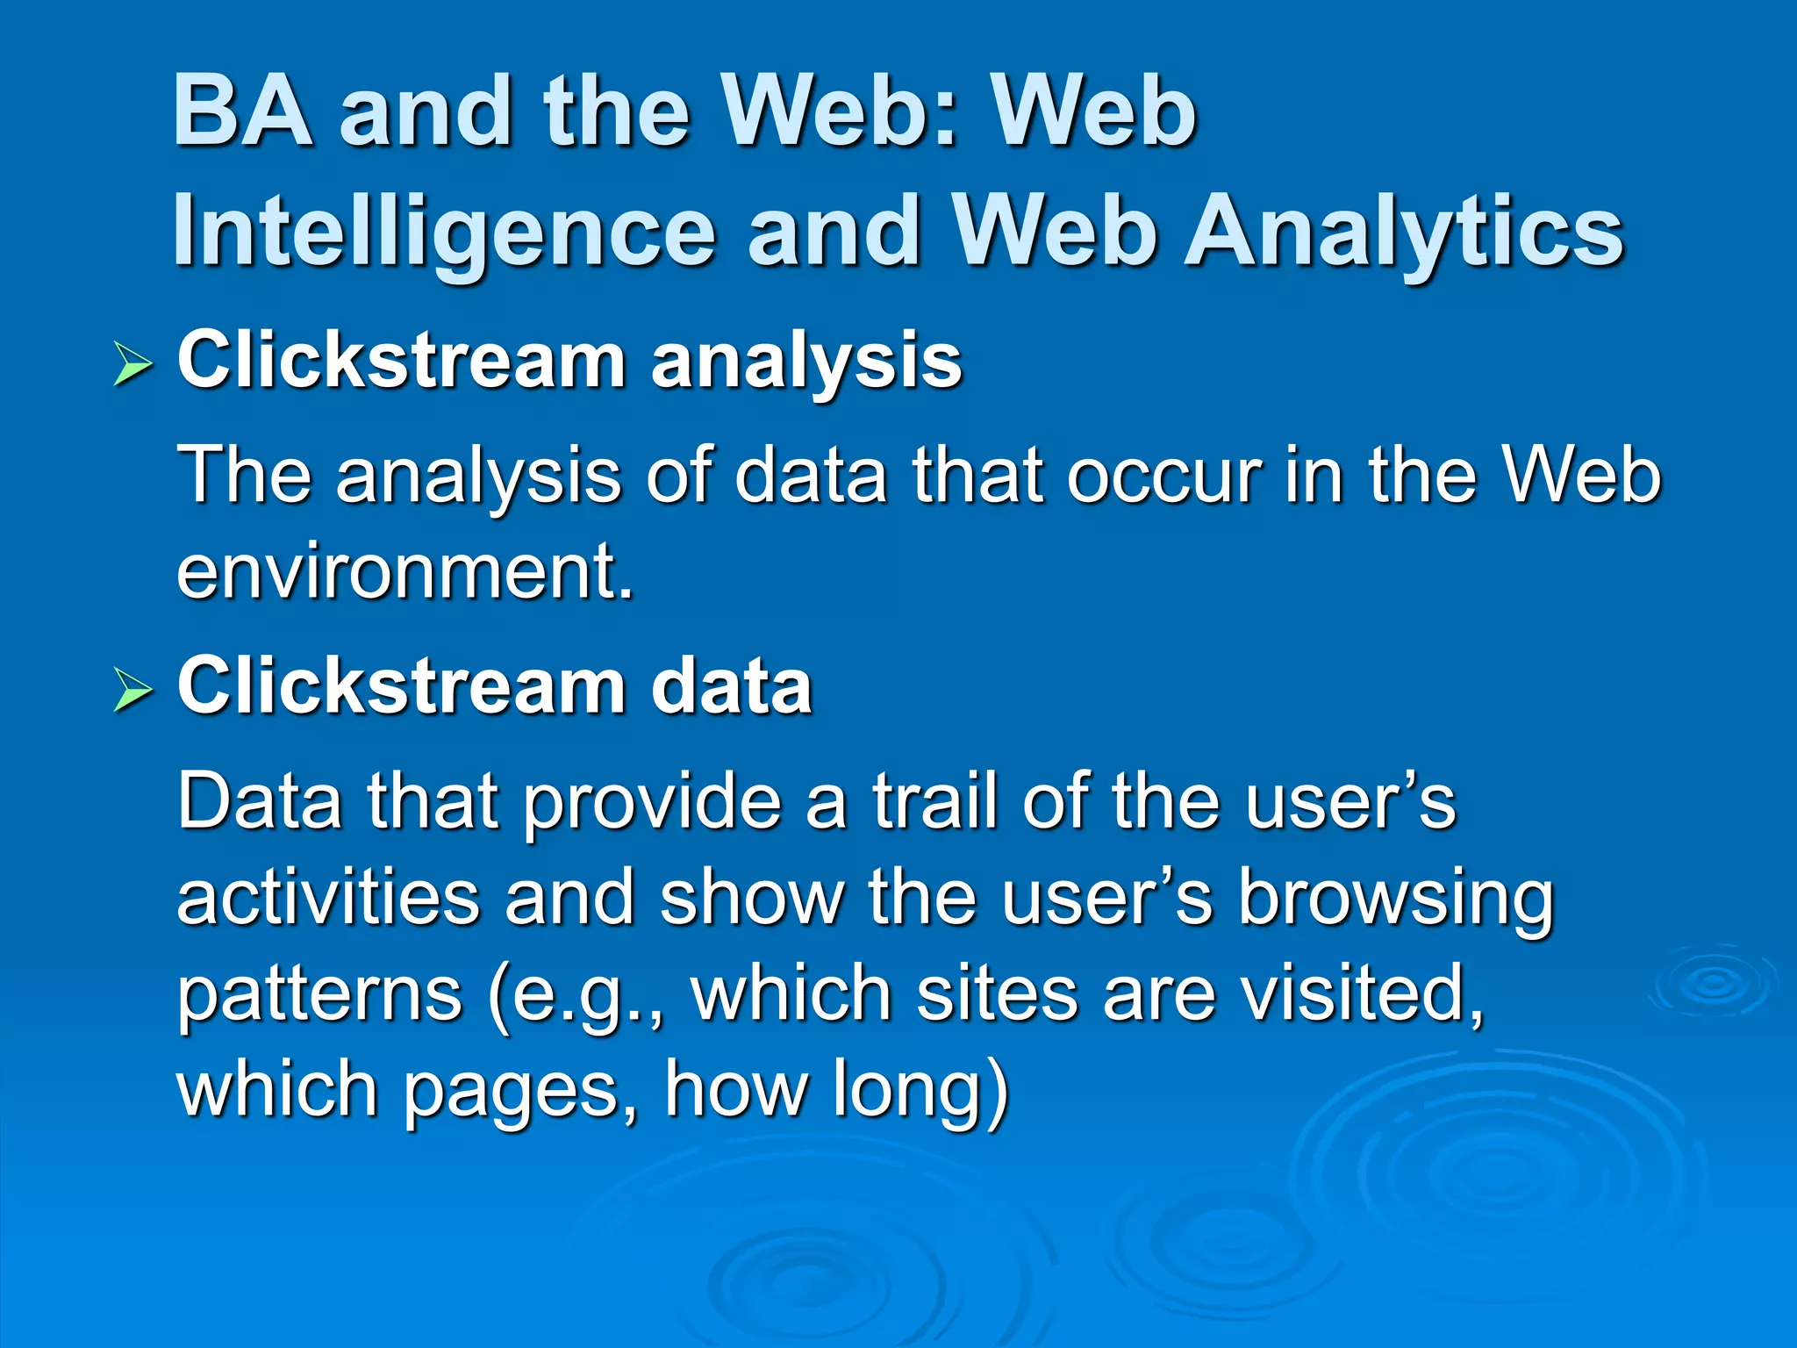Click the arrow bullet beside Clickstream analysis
point(133,364)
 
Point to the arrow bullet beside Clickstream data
point(133,690)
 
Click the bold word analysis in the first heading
point(806,361)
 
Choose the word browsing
point(1395,899)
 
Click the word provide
point(654,800)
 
